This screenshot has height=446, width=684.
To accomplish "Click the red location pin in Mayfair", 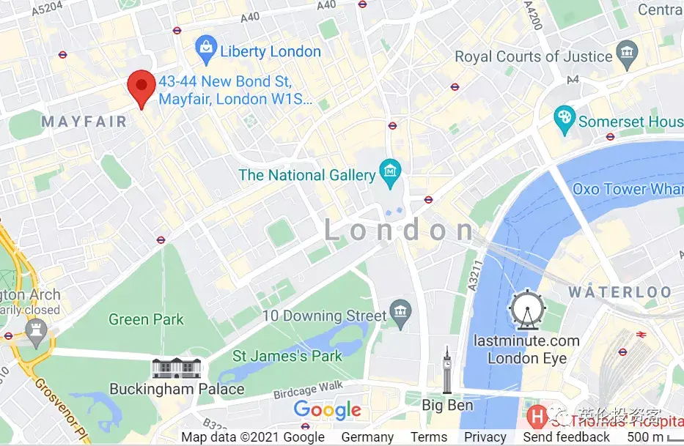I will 141,88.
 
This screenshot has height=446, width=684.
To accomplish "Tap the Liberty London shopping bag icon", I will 207,51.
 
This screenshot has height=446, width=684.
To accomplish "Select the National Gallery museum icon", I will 389,174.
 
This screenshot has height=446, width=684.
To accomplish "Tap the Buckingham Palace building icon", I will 177,368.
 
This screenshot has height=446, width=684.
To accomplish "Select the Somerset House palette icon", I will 564,120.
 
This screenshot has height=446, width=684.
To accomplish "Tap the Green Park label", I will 146,319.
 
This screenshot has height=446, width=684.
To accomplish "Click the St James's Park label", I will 287,357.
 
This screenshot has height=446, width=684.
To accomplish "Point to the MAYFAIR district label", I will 84,122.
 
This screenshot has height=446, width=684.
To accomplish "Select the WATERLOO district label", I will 620,292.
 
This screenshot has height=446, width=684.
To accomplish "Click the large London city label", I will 400,231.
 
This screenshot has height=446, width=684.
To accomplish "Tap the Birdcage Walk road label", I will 308,390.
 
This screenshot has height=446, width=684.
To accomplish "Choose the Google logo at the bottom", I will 328,410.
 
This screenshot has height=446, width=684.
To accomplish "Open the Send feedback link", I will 566,437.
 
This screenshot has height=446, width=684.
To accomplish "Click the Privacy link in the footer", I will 485,437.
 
